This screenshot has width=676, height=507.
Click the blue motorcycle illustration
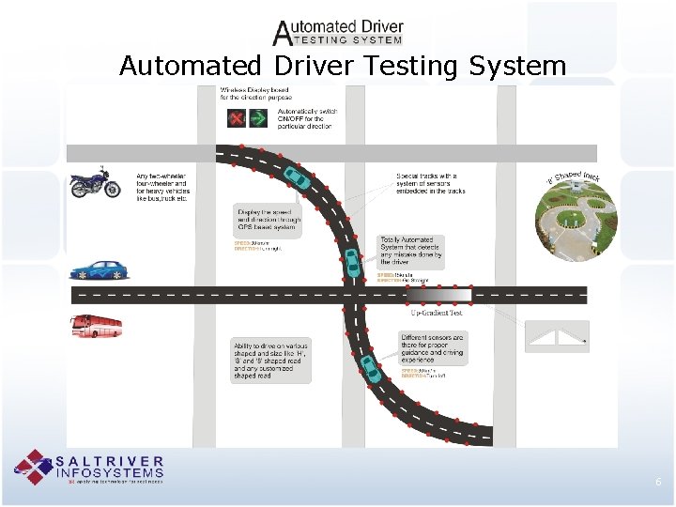pyautogui.click(x=96, y=182)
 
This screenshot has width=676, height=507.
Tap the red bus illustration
pyautogui.click(x=97, y=326)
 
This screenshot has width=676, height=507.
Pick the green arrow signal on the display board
pyautogui.click(x=262, y=119)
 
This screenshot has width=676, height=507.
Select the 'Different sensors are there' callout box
pyautogui.click(x=432, y=348)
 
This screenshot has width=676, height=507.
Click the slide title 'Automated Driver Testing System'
pyautogui.click(x=343, y=66)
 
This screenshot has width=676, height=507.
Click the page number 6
pyautogui.click(x=658, y=482)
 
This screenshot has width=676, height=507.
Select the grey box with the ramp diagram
pyautogui.click(x=558, y=336)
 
